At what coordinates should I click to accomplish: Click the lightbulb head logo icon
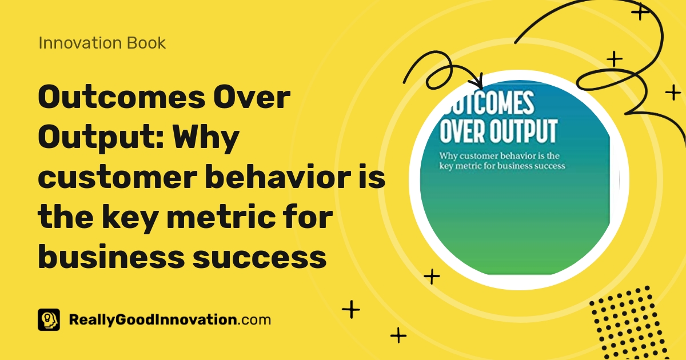click(49, 319)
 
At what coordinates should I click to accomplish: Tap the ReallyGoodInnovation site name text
click(152, 319)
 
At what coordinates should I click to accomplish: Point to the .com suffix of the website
click(253, 319)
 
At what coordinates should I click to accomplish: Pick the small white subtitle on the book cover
click(502, 161)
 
